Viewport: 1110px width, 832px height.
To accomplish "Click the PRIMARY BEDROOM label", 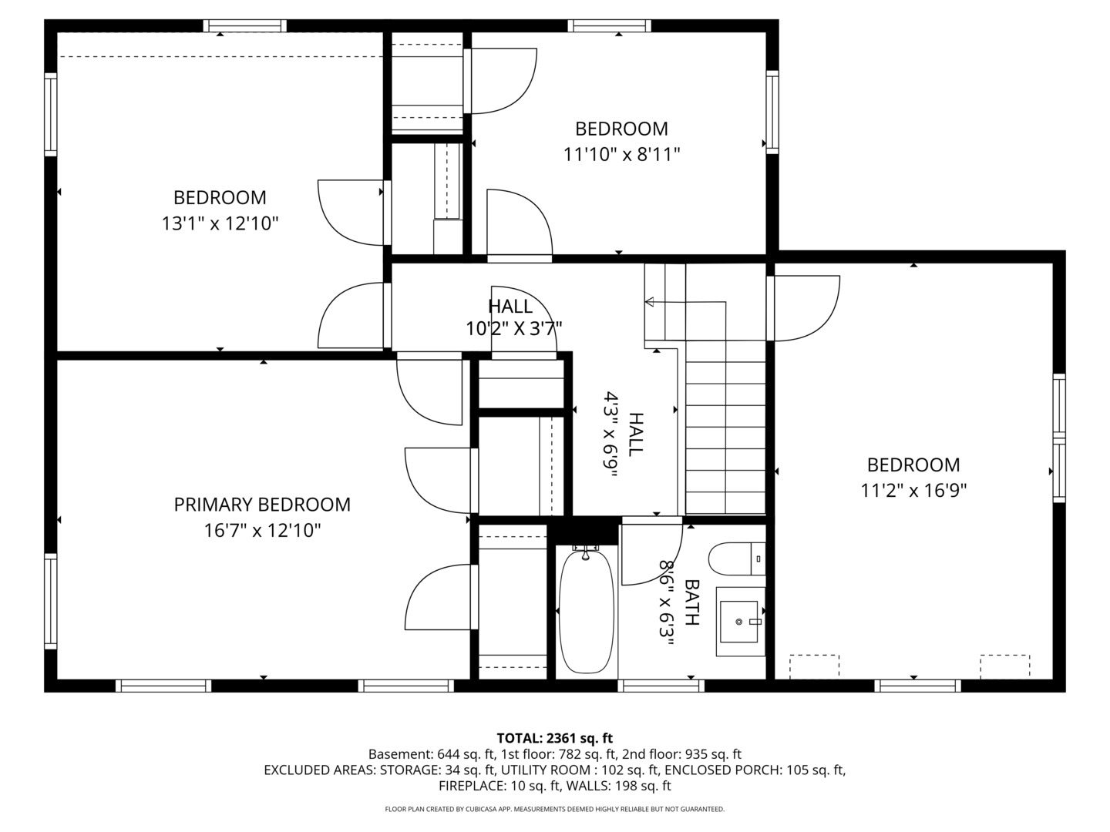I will click(x=262, y=505).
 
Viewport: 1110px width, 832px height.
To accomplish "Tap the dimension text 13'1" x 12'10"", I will click(x=220, y=223).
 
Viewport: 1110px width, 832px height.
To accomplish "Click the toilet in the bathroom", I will click(x=736, y=559).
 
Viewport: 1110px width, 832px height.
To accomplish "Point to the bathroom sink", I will click(x=740, y=621).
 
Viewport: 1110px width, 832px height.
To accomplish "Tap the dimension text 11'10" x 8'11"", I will click(x=621, y=155).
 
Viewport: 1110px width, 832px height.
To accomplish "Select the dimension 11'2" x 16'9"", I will click(x=913, y=490).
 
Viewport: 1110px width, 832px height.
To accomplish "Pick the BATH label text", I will click(x=691, y=602).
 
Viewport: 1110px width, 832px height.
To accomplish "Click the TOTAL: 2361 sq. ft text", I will click(x=554, y=738).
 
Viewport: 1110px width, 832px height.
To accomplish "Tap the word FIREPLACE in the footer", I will click(x=471, y=786).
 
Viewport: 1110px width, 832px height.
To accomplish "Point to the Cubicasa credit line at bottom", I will click(x=554, y=809).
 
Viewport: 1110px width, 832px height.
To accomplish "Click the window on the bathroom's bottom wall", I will click(x=661, y=685).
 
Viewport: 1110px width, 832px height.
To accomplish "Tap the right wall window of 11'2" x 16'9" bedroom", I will click(x=1059, y=438).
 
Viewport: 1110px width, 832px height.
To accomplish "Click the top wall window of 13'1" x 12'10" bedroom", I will click(x=245, y=26).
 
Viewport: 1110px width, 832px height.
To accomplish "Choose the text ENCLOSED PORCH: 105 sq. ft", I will click(x=755, y=770).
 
